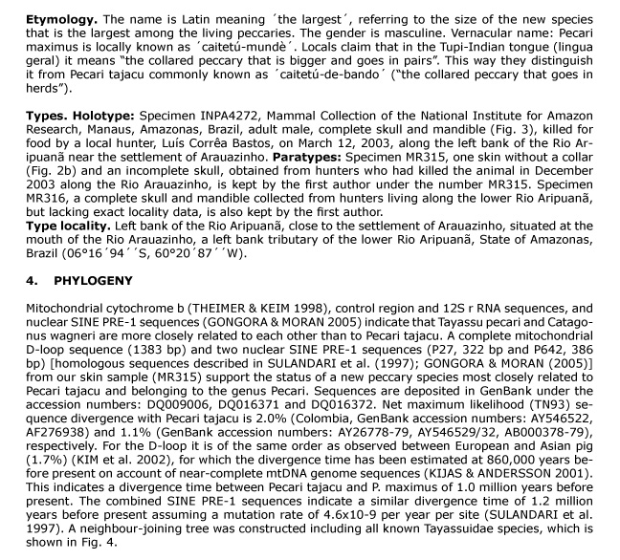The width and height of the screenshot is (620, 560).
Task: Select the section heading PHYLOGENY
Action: coord(94,285)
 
